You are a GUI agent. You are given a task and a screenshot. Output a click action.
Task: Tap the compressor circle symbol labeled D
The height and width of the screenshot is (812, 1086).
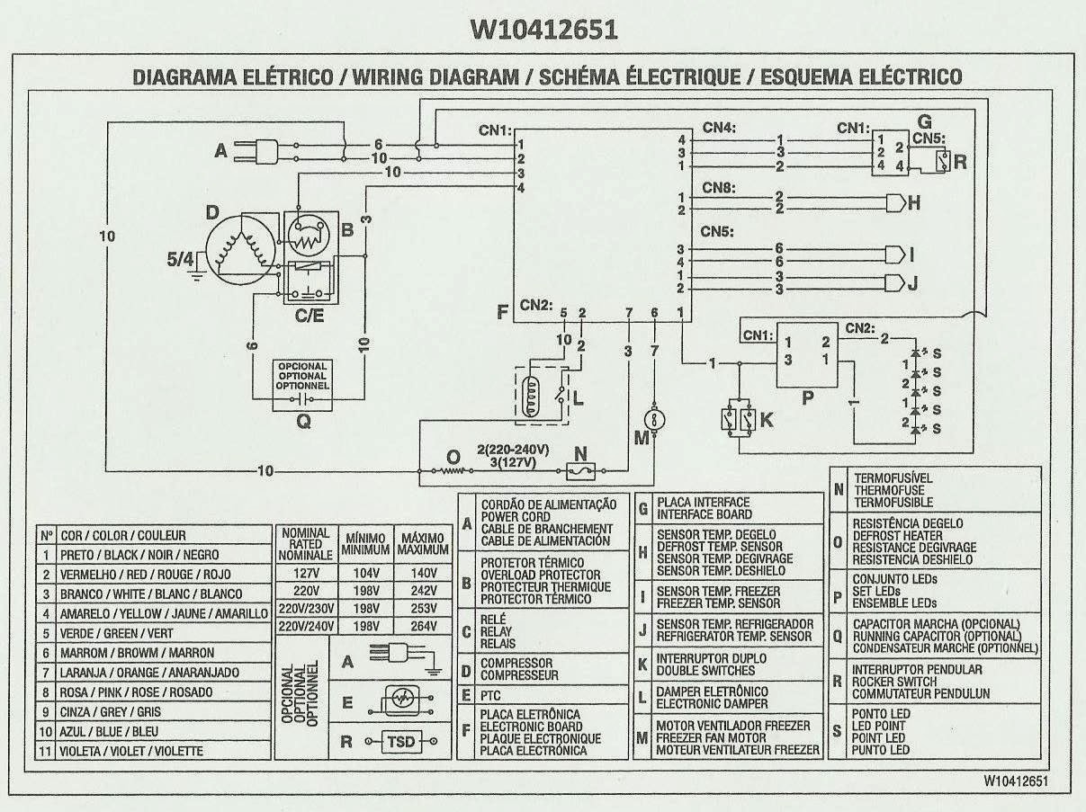239,249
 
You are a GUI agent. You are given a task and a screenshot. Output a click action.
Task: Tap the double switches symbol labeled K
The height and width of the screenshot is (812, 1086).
737,419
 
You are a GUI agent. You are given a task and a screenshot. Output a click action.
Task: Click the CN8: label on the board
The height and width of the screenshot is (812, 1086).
720,188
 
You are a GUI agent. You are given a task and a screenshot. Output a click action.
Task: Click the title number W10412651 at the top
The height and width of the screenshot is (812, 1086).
543,30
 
